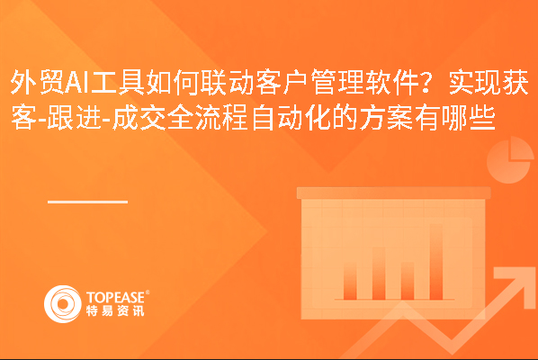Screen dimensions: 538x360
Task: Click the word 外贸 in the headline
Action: click(x=37, y=83)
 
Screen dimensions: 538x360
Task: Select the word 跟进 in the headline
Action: click(x=74, y=119)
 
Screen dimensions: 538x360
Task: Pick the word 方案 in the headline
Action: click(x=386, y=119)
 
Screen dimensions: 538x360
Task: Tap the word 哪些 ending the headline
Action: click(x=469, y=119)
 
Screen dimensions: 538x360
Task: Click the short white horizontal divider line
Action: click(x=87, y=202)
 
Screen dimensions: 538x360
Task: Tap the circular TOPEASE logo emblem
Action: click(x=63, y=304)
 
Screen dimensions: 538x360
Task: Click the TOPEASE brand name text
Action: click(x=115, y=297)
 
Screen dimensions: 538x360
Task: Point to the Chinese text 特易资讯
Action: click(x=115, y=310)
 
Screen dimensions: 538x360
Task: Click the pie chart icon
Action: click(x=510, y=160)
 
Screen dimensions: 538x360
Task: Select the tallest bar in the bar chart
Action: click(x=435, y=262)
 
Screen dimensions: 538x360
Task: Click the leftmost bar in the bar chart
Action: click(x=350, y=281)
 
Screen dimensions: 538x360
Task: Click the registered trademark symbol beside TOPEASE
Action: click(x=148, y=292)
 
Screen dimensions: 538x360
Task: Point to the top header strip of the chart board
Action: click(x=393, y=193)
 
